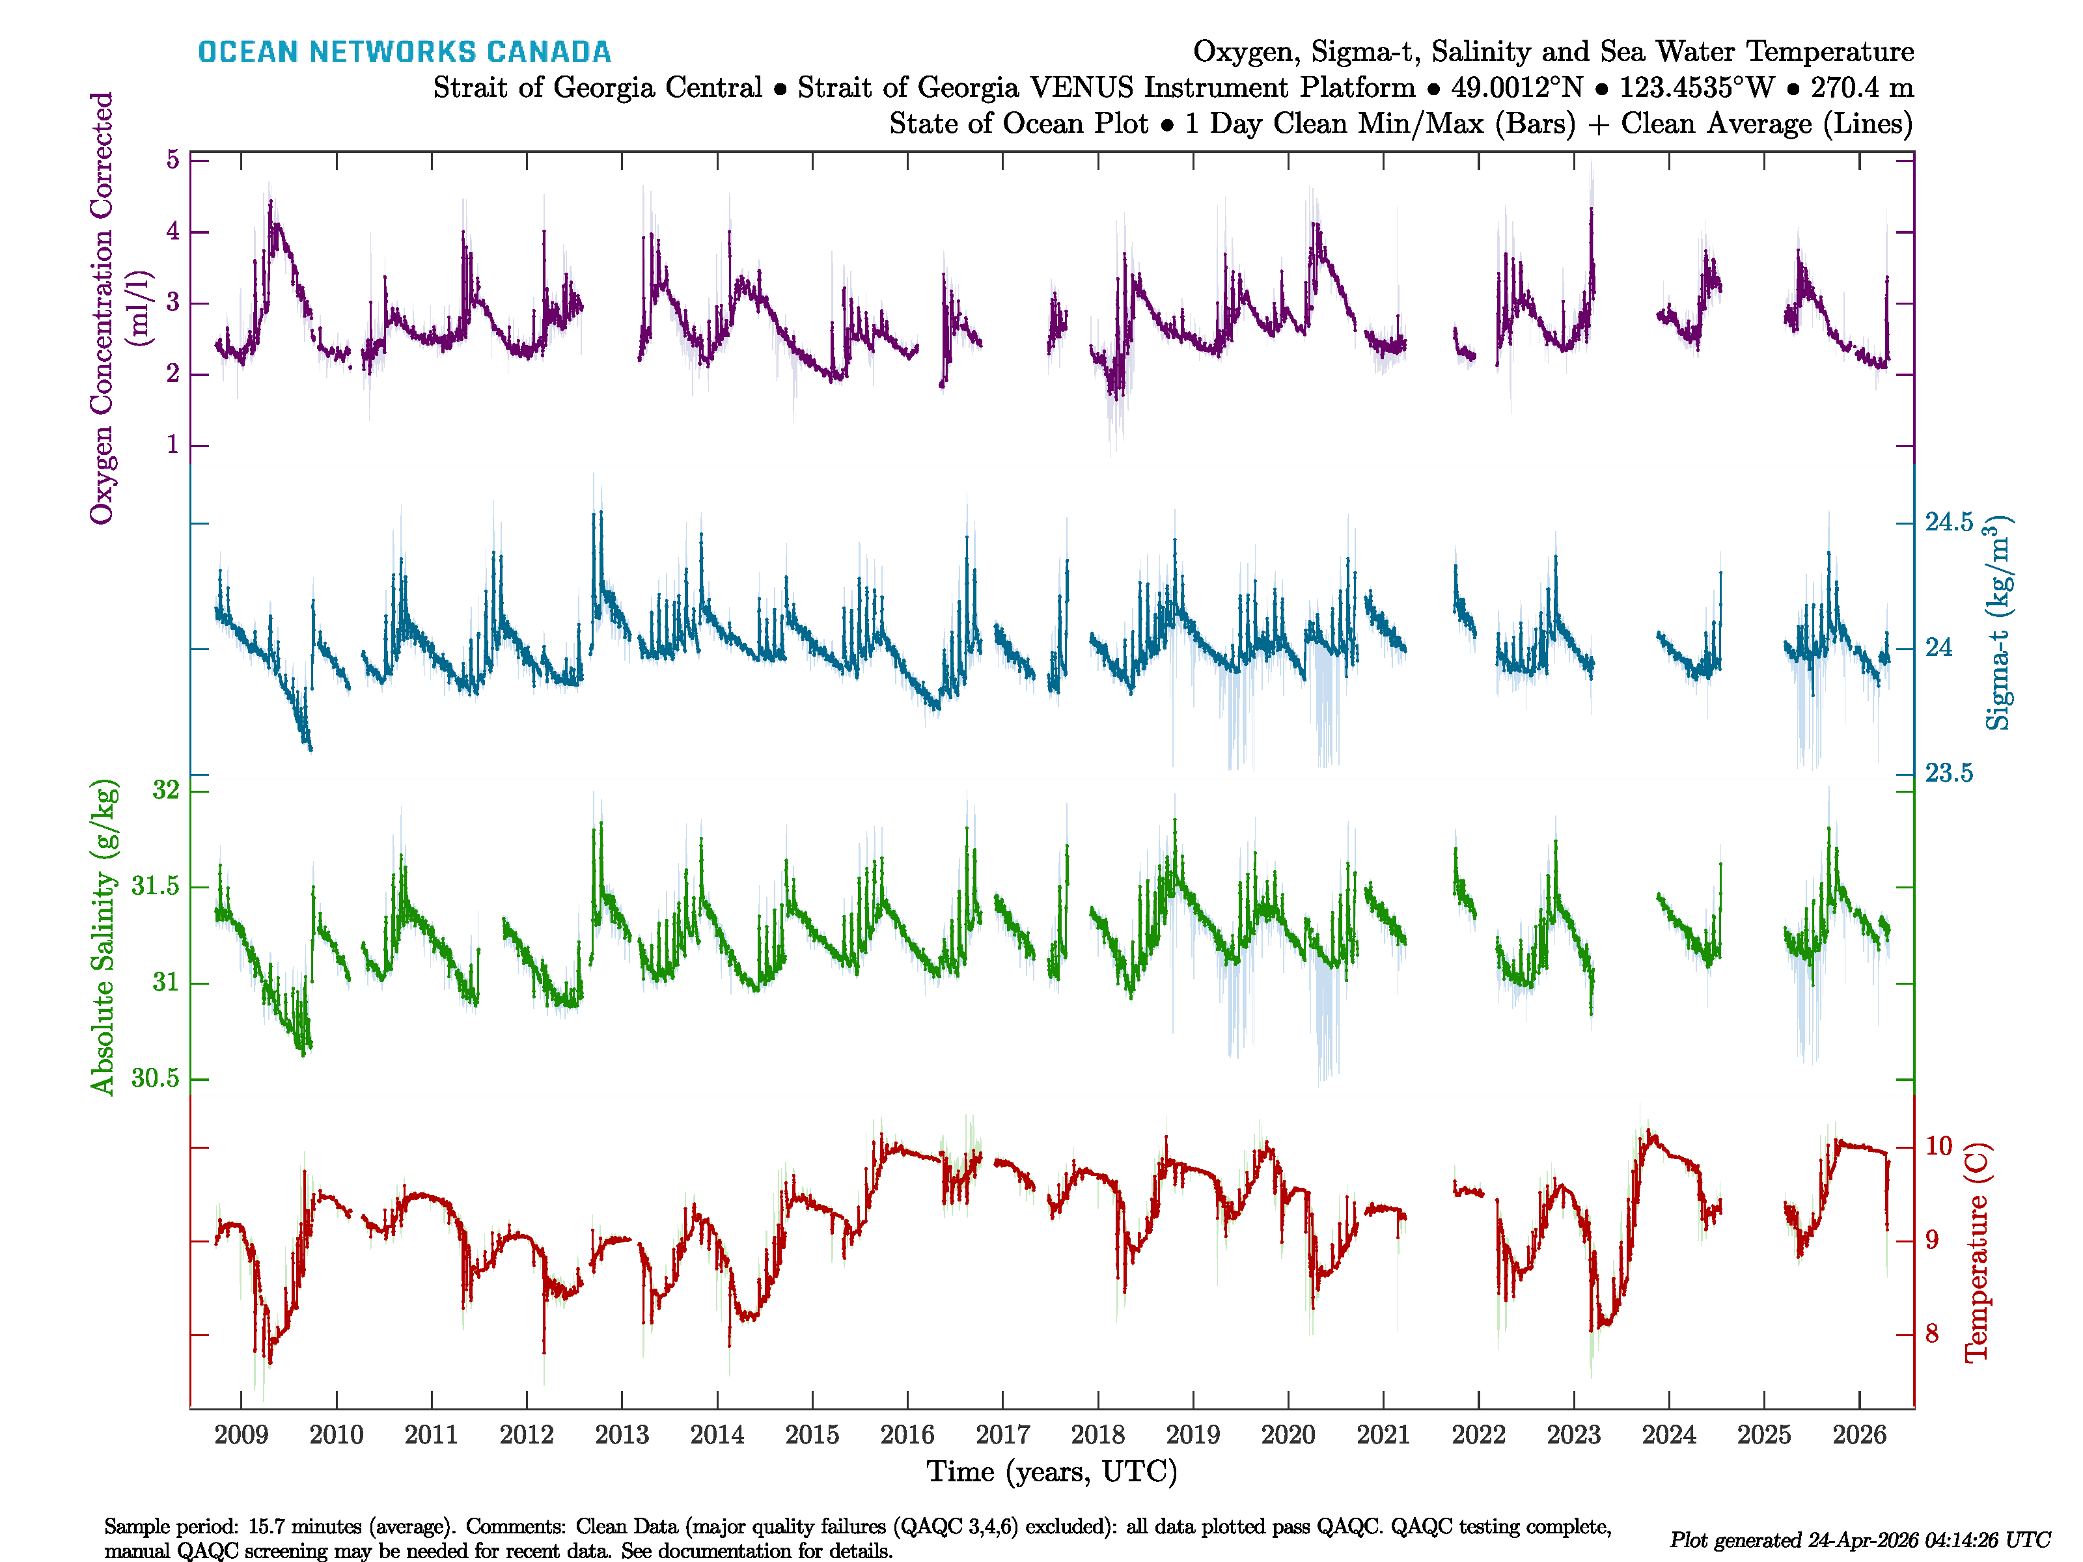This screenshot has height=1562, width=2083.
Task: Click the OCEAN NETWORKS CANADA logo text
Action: [404, 52]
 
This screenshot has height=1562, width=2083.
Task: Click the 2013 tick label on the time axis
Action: [622, 1435]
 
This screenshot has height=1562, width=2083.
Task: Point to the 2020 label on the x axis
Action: [1288, 1435]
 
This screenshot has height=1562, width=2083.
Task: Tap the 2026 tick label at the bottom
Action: [1859, 1435]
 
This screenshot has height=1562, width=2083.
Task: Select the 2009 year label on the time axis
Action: [241, 1435]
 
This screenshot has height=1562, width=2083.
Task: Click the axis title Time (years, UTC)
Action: [1052, 1472]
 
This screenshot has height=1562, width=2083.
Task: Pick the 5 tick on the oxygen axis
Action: [172, 160]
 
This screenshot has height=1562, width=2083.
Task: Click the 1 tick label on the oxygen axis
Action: [172, 445]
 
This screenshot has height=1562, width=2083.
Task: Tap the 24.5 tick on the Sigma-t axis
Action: [1948, 523]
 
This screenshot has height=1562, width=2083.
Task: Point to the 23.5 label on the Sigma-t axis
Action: [1948, 774]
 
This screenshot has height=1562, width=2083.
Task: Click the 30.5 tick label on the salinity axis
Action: [156, 1078]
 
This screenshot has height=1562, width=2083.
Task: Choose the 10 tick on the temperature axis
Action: [1938, 1146]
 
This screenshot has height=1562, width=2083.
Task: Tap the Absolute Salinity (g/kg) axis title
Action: [103, 937]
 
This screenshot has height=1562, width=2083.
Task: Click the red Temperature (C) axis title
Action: [1976, 1252]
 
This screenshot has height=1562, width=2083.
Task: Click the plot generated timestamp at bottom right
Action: [1859, 1541]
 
